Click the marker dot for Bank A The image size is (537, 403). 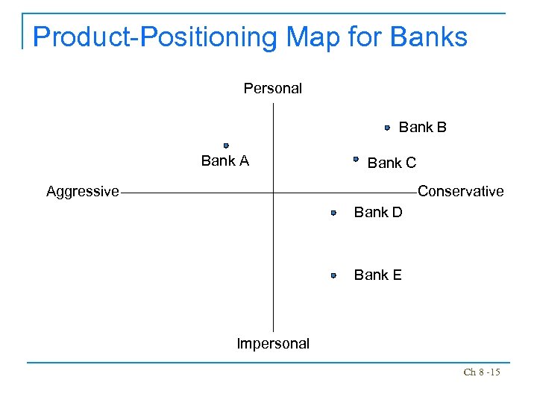tap(226, 146)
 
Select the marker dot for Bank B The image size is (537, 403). tap(388, 128)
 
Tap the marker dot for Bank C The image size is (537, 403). tap(357, 159)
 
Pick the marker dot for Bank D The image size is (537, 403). tap(334, 213)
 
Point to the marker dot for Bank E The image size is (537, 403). tap(334, 275)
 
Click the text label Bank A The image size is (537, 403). tap(224, 161)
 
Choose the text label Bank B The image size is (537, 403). tap(423, 128)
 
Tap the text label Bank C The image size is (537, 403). tap(392, 163)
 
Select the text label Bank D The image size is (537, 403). tap(378, 213)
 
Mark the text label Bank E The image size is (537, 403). tap(377, 275)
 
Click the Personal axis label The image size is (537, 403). tap(273, 89)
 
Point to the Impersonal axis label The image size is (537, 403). tap(273, 344)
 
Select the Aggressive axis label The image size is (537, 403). tap(83, 192)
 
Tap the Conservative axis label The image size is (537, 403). tap(461, 192)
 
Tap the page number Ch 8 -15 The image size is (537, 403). tap(482, 372)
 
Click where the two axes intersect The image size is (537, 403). tap(274, 193)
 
